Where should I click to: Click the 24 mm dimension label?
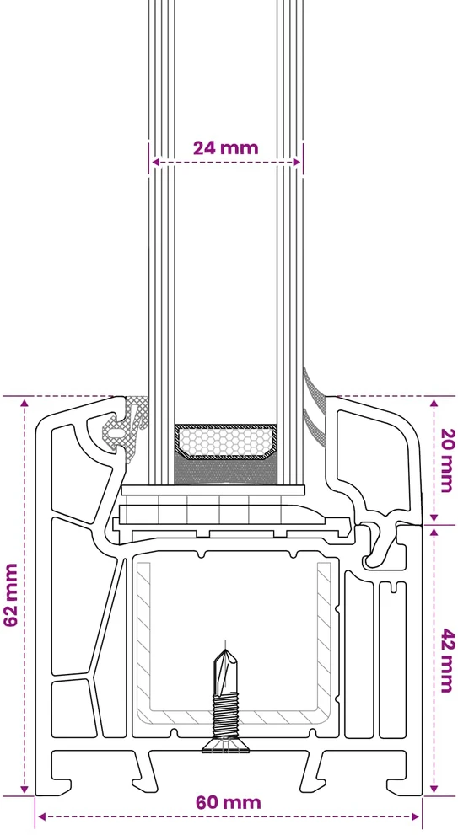225,147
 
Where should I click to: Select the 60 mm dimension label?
229,802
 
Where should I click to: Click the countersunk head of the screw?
226,746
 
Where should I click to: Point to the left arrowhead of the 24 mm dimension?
155,162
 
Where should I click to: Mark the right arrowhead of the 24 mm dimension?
296,162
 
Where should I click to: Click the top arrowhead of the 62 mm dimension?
24,403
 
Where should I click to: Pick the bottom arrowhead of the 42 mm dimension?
434,788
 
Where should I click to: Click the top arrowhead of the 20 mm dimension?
434,403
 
